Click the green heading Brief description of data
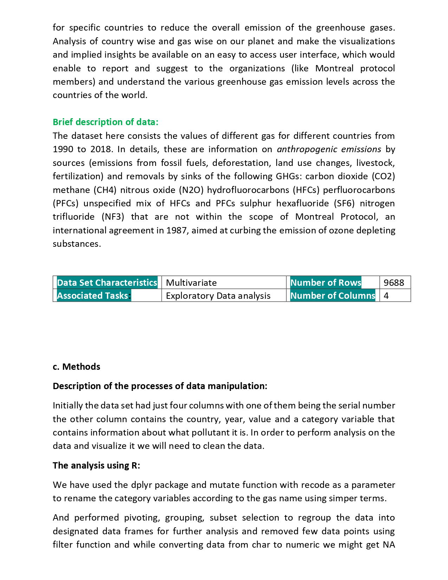pos(105,122)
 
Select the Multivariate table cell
pos(191,283)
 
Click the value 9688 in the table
pos(394,283)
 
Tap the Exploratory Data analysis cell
pos(218,296)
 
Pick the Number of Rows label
pos(325,283)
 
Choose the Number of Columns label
pos(332,296)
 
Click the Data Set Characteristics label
pos(107,283)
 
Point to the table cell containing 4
pos(386,296)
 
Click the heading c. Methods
pos(76,367)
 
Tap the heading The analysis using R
pos(96,465)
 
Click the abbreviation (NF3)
pos(113,217)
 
